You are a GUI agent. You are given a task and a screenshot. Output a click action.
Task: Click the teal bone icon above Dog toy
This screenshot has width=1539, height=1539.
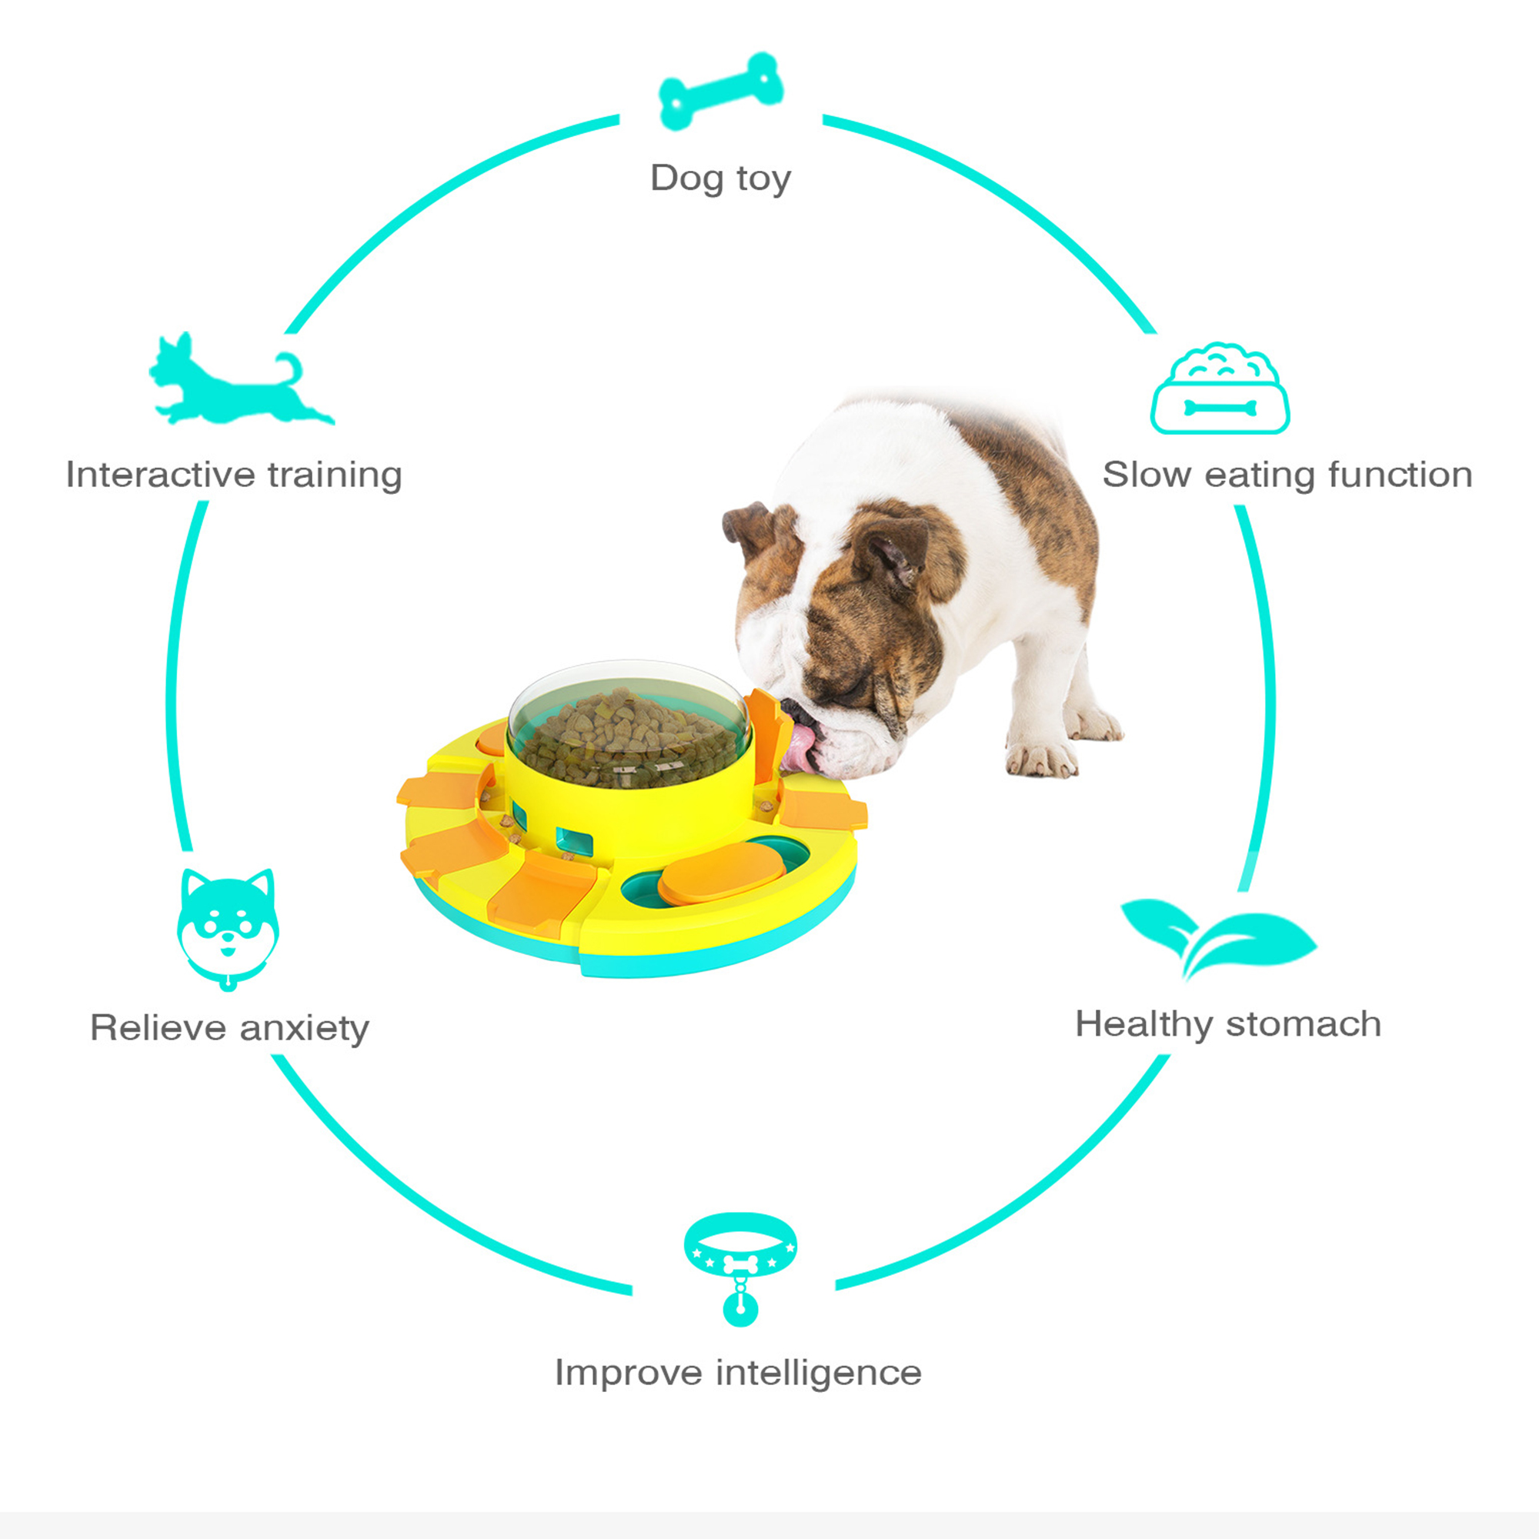pos(721,91)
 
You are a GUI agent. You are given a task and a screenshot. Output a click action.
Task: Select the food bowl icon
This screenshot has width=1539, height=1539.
pos(1220,389)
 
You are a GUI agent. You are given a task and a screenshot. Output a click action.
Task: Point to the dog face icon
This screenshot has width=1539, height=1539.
pos(228,929)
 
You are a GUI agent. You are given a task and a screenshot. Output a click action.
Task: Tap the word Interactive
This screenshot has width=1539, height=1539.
pos(161,474)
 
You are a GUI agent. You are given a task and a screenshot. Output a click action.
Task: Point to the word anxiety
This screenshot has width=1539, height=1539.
pos(304,1028)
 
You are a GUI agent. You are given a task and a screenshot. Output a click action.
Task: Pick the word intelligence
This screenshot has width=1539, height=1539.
pos(818,1373)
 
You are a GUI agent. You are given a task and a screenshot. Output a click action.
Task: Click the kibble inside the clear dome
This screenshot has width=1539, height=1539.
pos(629,737)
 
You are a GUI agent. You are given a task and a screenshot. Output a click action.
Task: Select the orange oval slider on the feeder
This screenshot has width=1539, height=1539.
pos(721,873)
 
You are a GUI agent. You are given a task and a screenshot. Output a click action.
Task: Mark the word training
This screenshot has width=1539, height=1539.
pos(335,476)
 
